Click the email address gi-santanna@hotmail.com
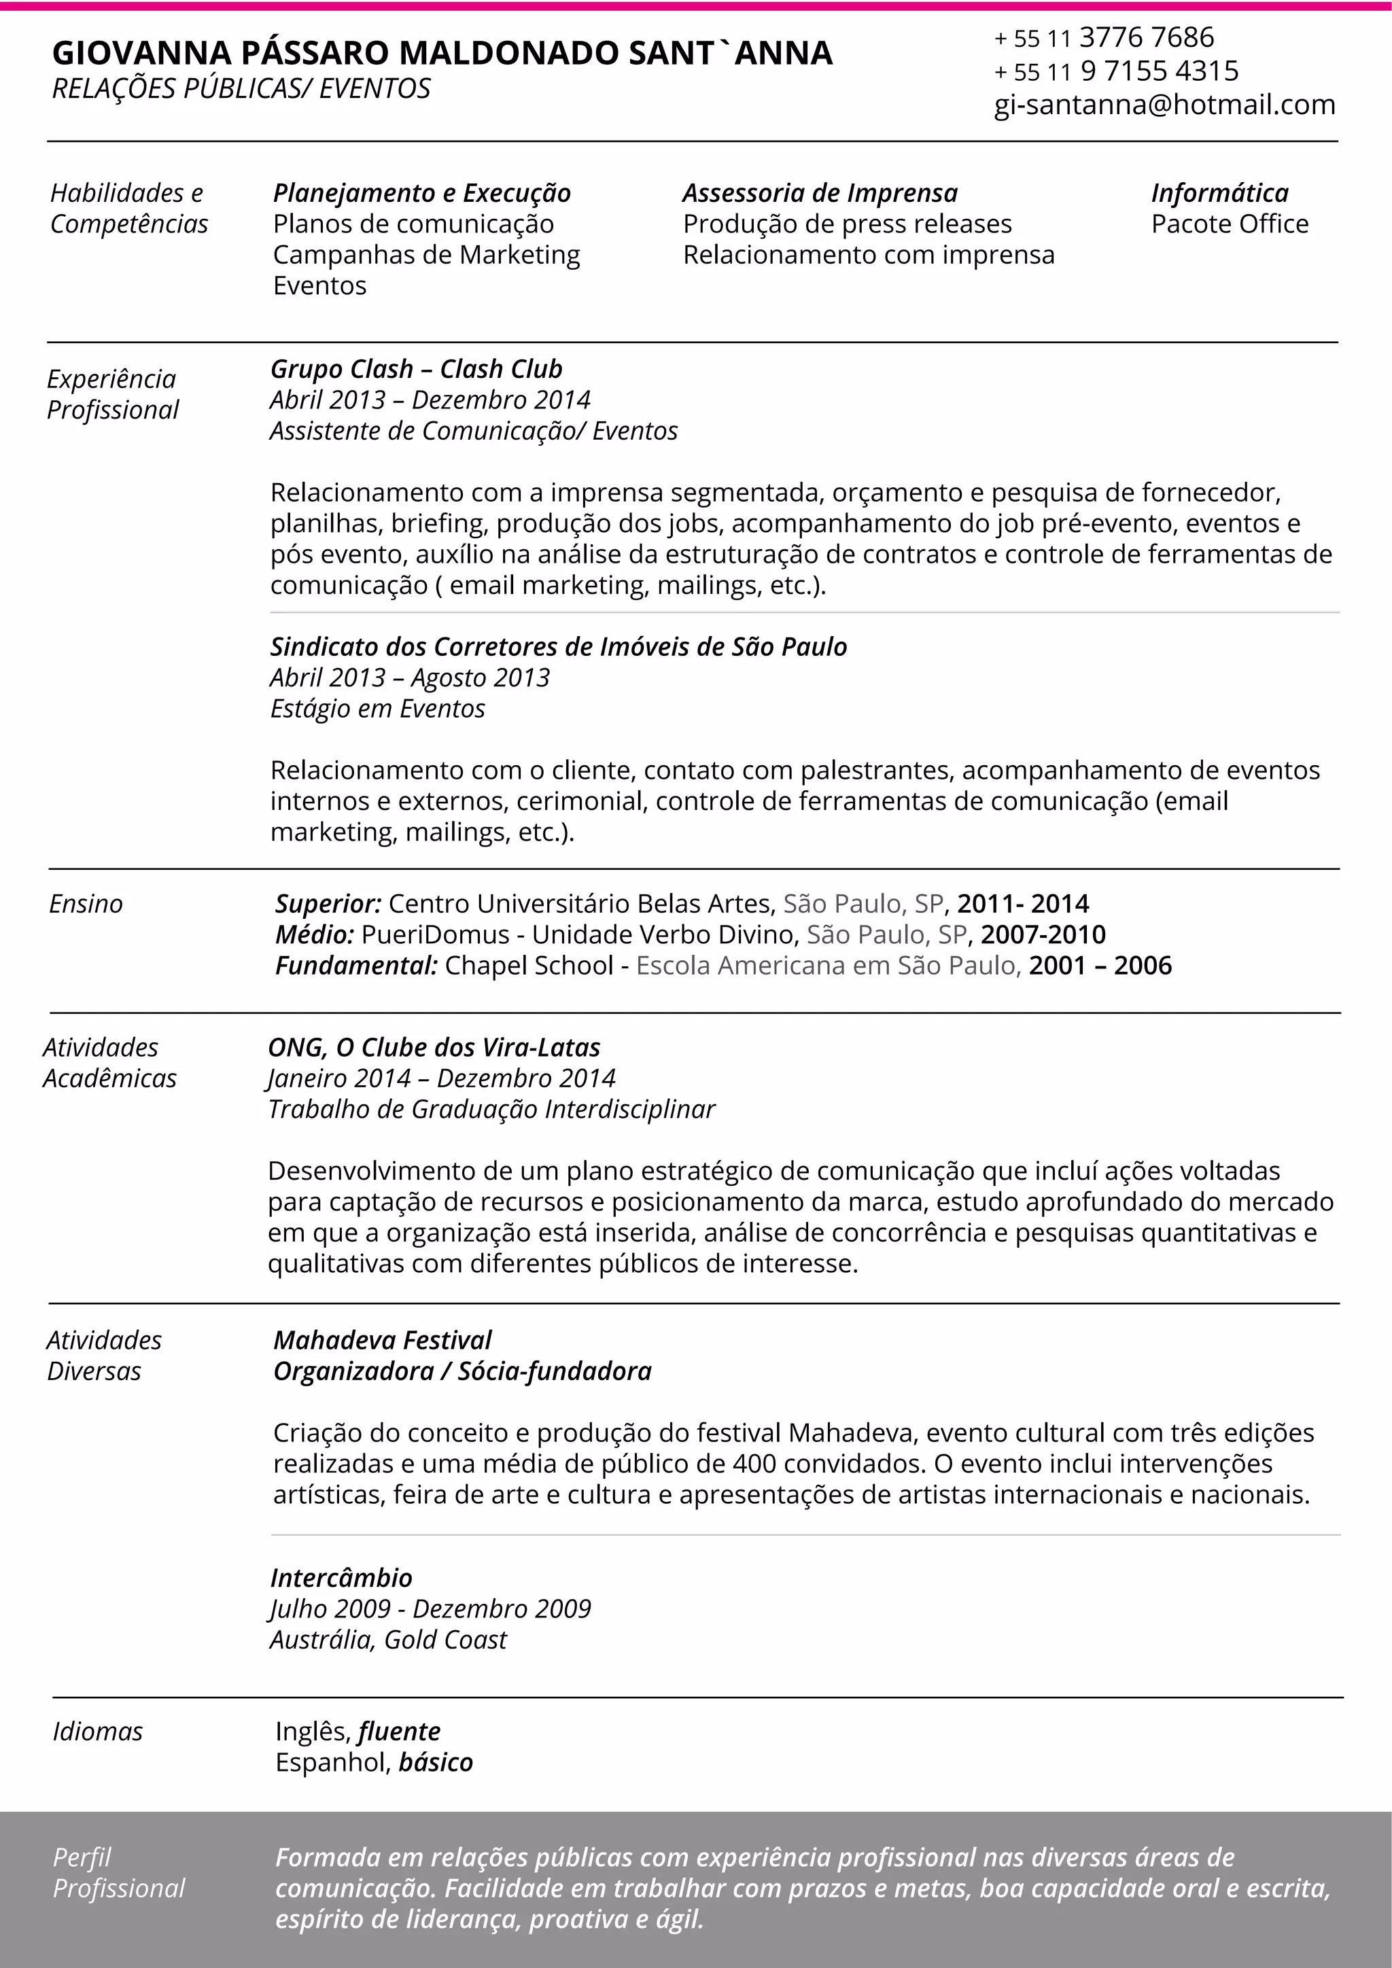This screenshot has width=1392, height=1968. (x=1164, y=105)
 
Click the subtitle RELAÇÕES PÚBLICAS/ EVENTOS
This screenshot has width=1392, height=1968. (x=242, y=88)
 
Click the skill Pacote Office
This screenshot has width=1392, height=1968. (x=1229, y=224)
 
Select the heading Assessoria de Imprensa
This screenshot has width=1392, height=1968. (x=820, y=193)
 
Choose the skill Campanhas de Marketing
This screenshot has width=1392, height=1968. (x=426, y=255)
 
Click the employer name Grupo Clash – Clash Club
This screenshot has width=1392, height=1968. (x=416, y=368)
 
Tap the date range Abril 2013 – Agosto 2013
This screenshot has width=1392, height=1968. (x=409, y=677)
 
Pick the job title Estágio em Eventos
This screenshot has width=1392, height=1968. (x=377, y=708)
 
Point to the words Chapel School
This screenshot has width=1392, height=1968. (x=529, y=965)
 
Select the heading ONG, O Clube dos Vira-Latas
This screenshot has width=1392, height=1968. (x=434, y=1047)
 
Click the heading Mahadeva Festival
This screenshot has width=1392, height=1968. (x=382, y=1339)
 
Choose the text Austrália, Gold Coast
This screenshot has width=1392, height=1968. (x=388, y=1639)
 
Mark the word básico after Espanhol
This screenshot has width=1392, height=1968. (x=436, y=1762)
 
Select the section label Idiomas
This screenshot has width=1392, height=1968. (x=98, y=1732)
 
